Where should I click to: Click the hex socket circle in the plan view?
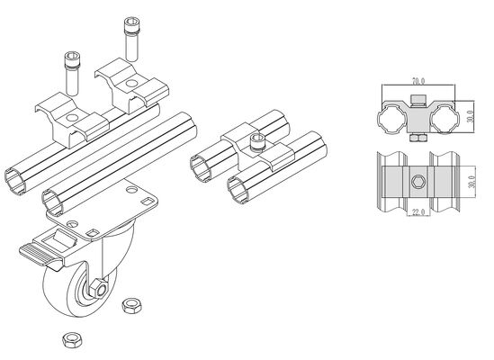click(x=418, y=184)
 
